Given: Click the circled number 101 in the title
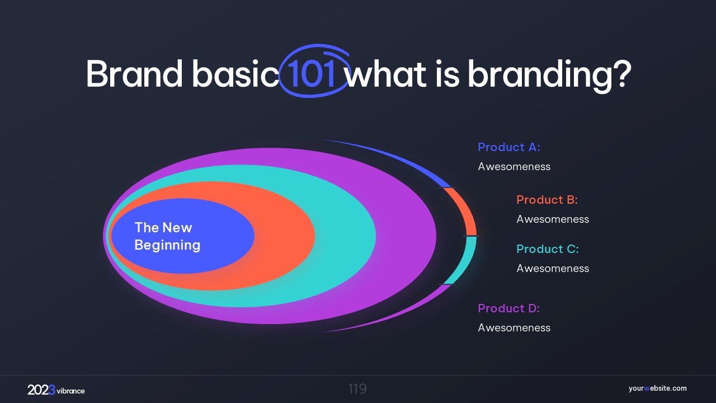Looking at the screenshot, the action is [x=312, y=73].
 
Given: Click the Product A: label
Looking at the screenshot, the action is [x=509, y=147].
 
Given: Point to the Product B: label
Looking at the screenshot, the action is [x=547, y=200].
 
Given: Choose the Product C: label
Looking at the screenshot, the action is [x=548, y=249].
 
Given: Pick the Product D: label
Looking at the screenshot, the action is [x=508, y=308].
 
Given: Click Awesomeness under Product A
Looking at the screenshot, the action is [x=514, y=167].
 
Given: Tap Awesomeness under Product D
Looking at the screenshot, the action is [x=514, y=328].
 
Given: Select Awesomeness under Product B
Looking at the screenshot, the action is [x=553, y=219].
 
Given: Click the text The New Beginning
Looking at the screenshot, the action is [x=167, y=236].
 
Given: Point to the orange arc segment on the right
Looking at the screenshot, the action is [x=467, y=209].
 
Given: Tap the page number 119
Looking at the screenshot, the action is [x=357, y=389].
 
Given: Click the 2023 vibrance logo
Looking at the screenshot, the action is [x=56, y=390].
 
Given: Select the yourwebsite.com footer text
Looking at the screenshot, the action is [x=657, y=388].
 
